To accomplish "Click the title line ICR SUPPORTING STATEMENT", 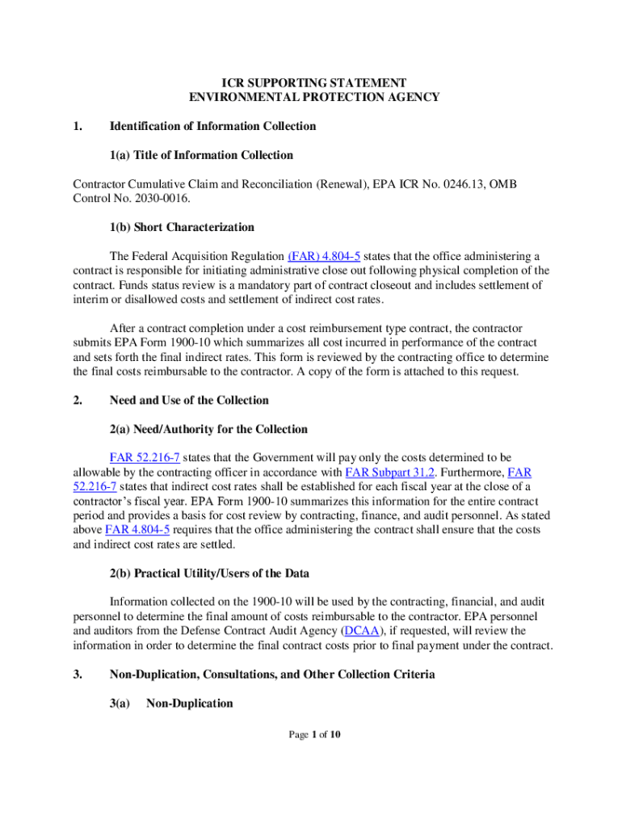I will (314, 82).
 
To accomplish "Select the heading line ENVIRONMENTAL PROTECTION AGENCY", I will (314, 97).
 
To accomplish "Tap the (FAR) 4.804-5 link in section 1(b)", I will (324, 256).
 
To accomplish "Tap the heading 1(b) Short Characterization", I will (182, 227).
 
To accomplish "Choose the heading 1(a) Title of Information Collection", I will (201, 155).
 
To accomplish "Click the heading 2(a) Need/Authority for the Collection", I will (208, 429).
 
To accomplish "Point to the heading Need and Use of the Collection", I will (189, 401).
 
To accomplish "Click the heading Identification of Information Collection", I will (212, 126).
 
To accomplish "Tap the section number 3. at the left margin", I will (78, 674).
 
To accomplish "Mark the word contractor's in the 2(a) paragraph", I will (102, 501).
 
